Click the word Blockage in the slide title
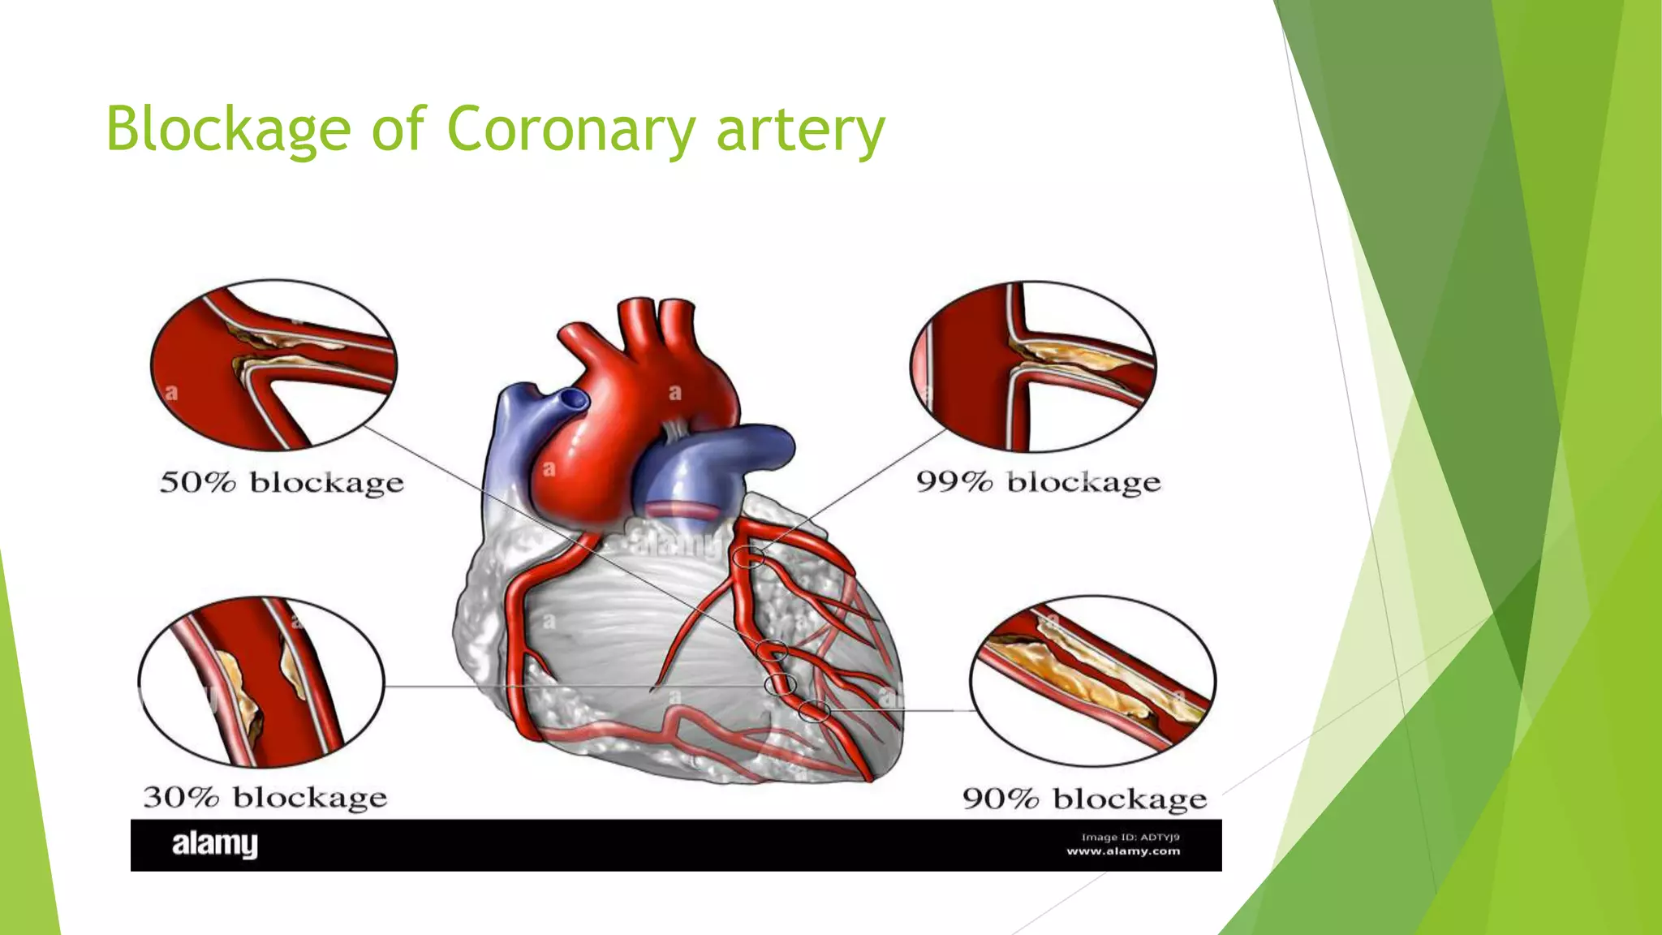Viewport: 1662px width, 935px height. pyautogui.click(x=228, y=130)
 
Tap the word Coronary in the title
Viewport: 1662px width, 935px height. pyautogui.click(x=571, y=130)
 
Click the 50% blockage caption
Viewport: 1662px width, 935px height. pyautogui.click(x=281, y=483)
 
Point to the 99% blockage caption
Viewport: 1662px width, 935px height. pyautogui.click(x=1038, y=482)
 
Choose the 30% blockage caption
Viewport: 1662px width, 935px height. pyautogui.click(x=265, y=797)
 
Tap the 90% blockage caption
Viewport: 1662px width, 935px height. pyautogui.click(x=1084, y=799)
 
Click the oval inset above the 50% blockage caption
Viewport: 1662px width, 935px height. pyautogui.click(x=274, y=364)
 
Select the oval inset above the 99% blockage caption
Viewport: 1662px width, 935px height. pyautogui.click(x=1033, y=366)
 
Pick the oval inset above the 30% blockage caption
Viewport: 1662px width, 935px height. pyautogui.click(x=261, y=682)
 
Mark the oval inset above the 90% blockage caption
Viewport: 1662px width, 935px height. pyautogui.click(x=1092, y=680)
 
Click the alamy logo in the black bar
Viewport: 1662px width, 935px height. pyautogui.click(x=214, y=844)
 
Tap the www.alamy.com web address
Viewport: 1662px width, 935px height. pyautogui.click(x=1123, y=851)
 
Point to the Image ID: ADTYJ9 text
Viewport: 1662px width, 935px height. pyautogui.click(x=1130, y=837)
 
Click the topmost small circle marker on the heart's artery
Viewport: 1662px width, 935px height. pyautogui.click(x=748, y=557)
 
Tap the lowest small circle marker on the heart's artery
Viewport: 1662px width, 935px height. pyautogui.click(x=814, y=712)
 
